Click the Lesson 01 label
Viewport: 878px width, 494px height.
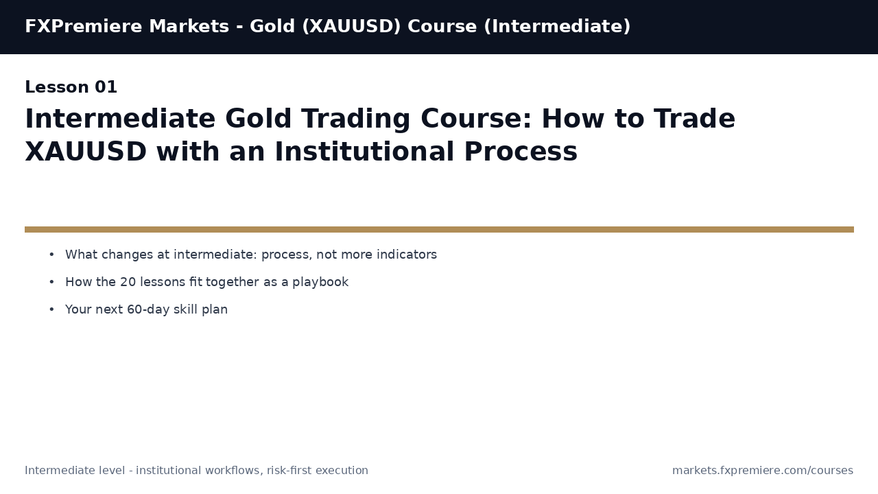[71, 88]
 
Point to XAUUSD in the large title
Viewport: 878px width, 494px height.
[86, 152]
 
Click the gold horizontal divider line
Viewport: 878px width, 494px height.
[439, 229]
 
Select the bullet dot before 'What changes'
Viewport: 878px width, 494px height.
[51, 255]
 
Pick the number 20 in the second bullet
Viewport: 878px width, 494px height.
[128, 282]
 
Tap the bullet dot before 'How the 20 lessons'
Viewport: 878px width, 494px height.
[51, 282]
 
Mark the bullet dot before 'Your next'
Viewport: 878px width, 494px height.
[51, 309]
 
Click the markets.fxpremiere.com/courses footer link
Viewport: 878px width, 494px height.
[763, 471]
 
